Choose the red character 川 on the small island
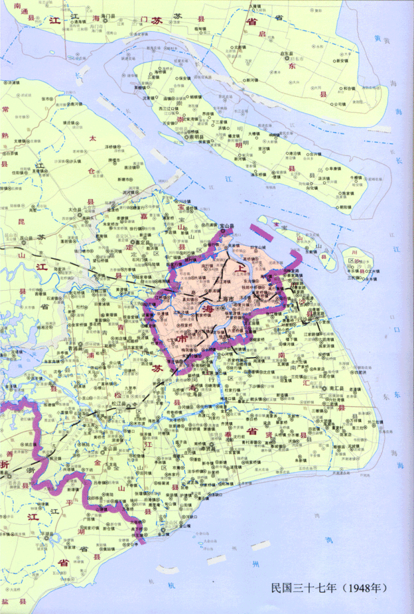pos(353,252)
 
